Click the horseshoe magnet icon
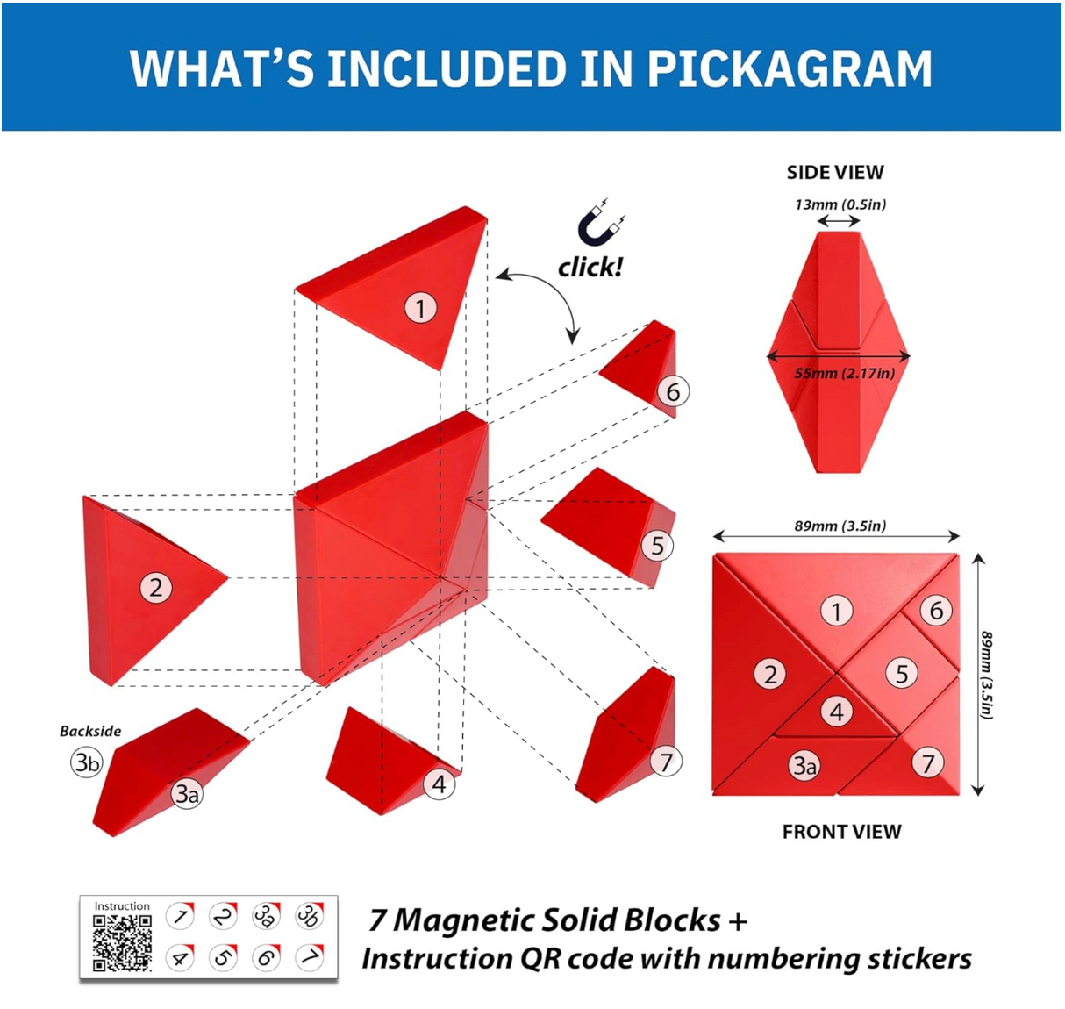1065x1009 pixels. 601,225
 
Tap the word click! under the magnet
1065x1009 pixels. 590,267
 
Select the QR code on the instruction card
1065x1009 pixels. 122,942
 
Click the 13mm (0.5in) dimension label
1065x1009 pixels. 840,204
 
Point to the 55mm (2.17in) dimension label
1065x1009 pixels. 844,374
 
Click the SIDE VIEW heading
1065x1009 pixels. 835,172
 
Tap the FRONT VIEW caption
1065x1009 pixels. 841,831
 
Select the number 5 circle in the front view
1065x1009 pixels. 902,673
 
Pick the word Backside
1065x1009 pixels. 90,731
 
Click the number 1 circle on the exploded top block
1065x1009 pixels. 421,308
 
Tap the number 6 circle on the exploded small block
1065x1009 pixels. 673,391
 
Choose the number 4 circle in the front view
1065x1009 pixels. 836,711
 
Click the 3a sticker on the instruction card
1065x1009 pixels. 266,916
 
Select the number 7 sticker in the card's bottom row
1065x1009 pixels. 309,956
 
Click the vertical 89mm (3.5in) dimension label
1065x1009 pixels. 988,675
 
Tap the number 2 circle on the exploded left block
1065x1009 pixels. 156,587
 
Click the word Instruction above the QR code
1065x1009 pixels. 122,905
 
